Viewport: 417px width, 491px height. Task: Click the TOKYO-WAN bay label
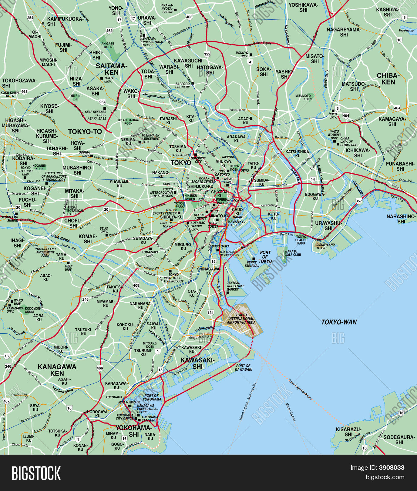pos(339,322)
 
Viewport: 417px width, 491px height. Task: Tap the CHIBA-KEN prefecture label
pos(388,79)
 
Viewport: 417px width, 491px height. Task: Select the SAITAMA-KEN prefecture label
pos(112,69)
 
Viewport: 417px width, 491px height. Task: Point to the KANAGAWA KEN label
pos(57,370)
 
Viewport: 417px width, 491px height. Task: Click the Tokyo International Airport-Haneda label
pos(241,319)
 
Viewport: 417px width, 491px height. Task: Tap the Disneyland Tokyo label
pos(325,246)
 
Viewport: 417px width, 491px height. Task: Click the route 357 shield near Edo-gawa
pos(359,201)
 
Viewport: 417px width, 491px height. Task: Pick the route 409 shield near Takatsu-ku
pos(136,285)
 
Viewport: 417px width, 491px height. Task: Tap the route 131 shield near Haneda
pos(210,312)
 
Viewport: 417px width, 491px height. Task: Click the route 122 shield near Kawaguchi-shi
pos(207,54)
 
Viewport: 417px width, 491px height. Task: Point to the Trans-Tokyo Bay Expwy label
pos(300,390)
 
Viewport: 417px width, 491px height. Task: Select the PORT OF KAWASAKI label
pos(244,367)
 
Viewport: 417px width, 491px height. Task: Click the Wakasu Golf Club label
pos(293,253)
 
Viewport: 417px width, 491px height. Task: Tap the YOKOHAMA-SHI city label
pos(134,431)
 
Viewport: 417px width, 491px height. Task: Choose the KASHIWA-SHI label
pos(388,12)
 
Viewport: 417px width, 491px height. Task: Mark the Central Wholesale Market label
pos(235,286)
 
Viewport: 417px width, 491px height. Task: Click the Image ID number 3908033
pos(392,468)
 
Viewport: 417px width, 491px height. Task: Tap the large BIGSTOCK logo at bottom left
pos(36,473)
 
